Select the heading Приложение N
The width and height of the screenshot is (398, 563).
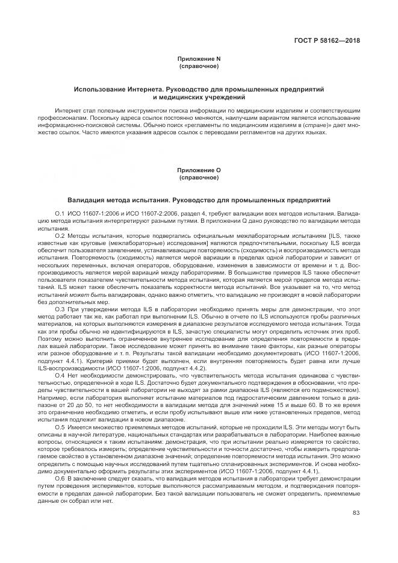coord(199,59)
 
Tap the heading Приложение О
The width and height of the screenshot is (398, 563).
coord(199,171)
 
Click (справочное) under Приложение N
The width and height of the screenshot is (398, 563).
coord(199,66)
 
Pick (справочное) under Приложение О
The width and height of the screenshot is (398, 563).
coord(199,178)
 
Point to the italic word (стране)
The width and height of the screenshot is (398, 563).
coord(312,125)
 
